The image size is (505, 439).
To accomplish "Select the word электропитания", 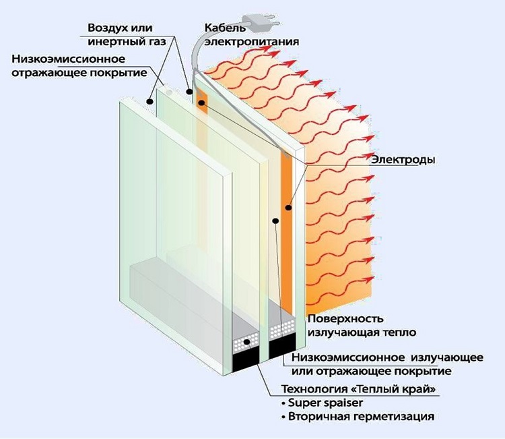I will [x=251, y=40].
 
